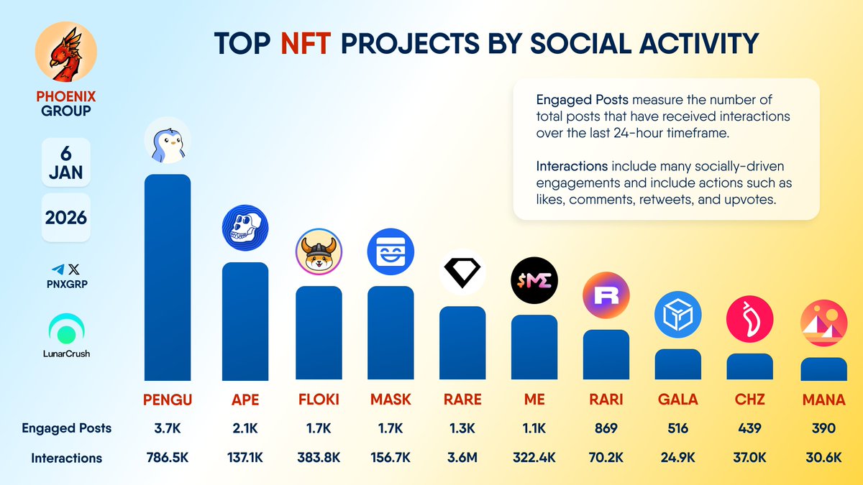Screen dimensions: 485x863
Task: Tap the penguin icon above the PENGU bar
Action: click(168, 140)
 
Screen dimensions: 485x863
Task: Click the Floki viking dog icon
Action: click(319, 251)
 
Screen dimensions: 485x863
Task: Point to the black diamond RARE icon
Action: click(462, 272)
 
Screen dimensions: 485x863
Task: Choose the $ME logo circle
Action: click(534, 280)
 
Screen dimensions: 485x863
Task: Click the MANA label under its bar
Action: click(823, 399)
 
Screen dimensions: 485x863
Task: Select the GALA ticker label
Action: click(677, 399)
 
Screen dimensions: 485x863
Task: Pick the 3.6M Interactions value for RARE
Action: click(462, 458)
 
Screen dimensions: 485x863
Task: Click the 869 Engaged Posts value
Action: click(606, 428)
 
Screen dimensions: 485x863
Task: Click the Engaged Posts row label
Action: click(66, 428)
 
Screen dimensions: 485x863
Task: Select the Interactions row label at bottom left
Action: click(66, 458)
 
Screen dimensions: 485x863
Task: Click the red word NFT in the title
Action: click(306, 43)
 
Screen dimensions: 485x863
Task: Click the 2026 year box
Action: click(65, 216)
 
